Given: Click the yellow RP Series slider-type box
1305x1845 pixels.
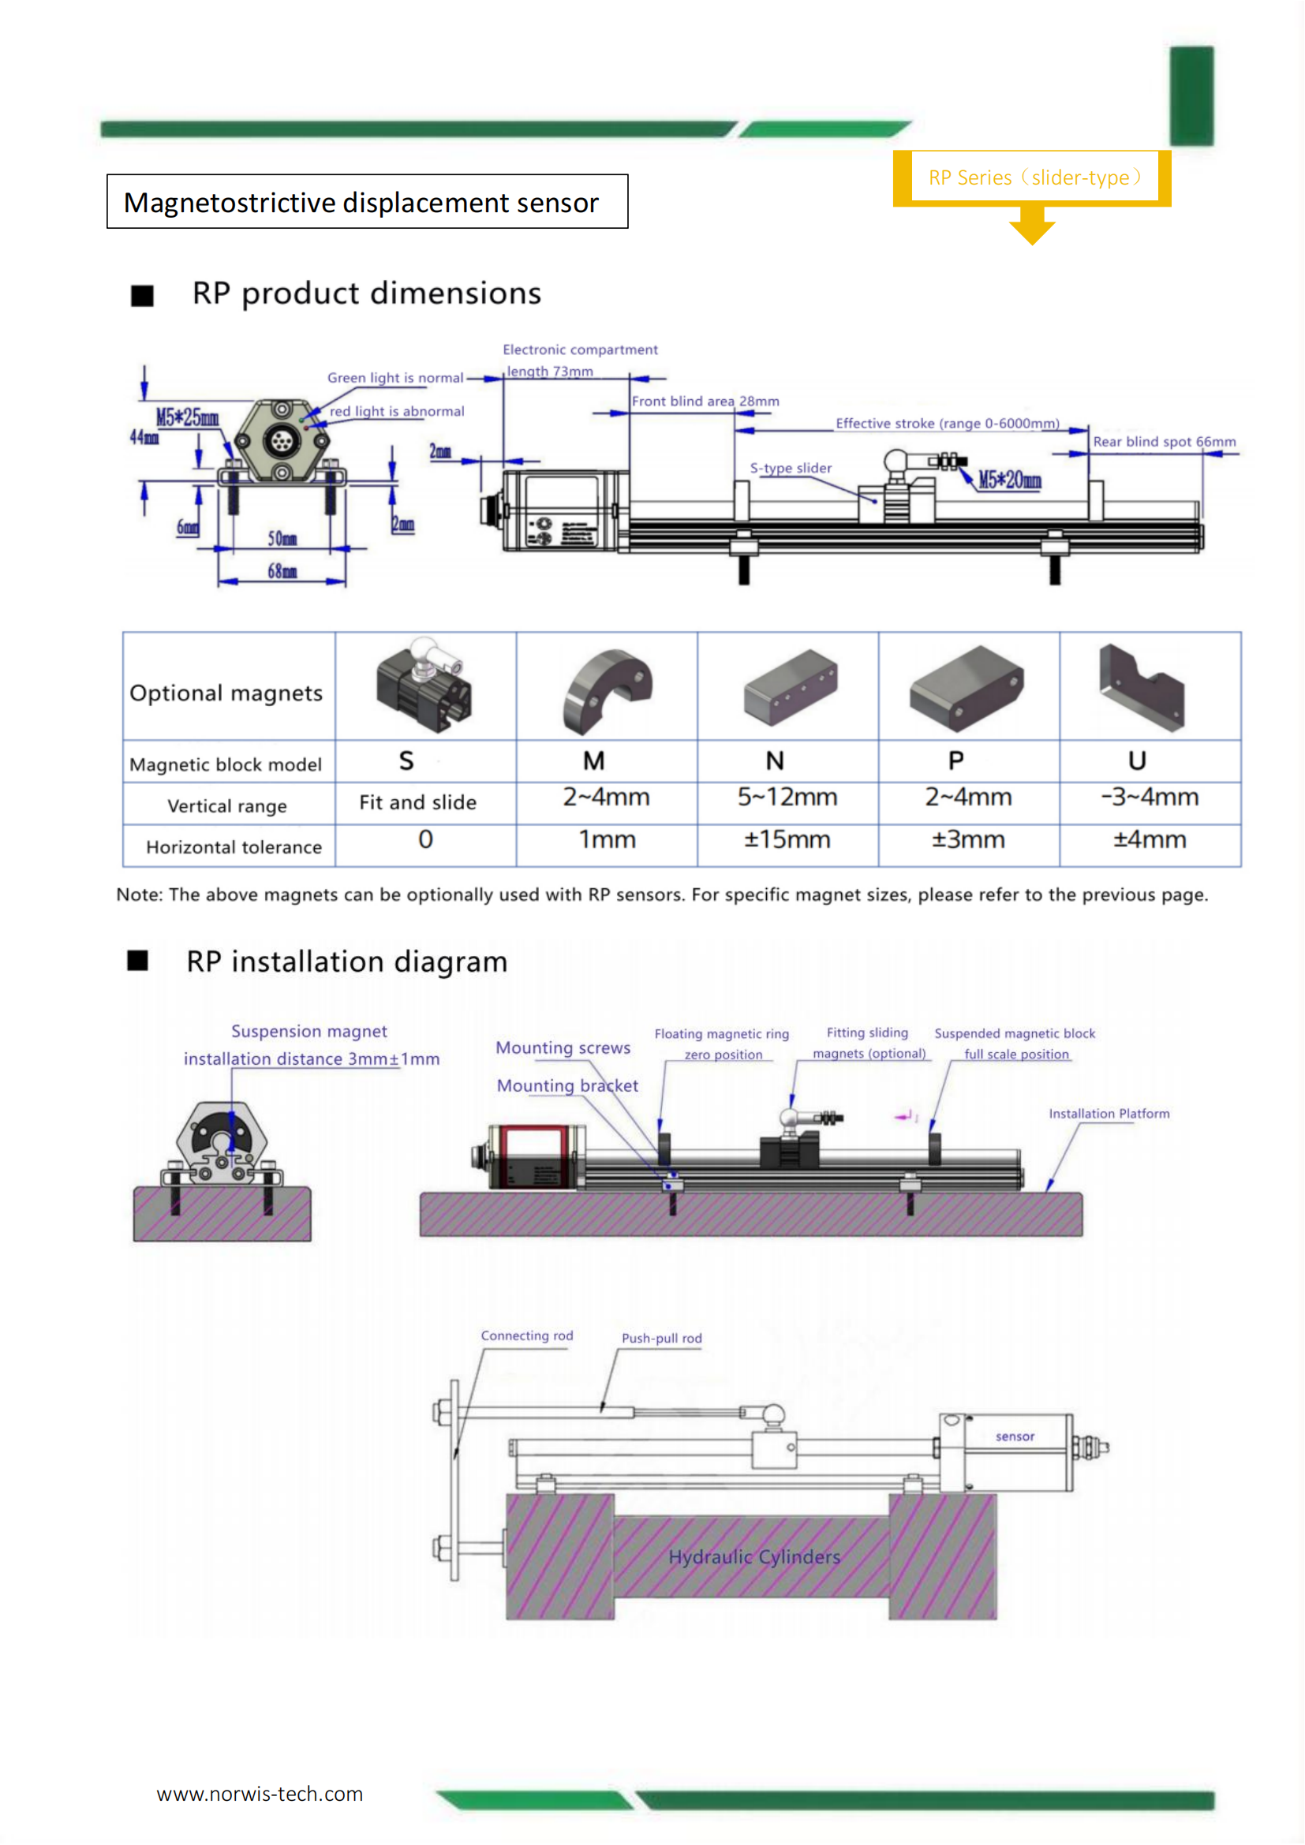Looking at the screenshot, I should coord(1034,177).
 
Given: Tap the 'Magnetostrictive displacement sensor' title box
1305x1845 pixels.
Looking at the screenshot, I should coord(366,202).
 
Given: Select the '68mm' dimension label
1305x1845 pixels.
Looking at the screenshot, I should coord(282,571).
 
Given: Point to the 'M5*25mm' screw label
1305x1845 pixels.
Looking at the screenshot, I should coord(186,417).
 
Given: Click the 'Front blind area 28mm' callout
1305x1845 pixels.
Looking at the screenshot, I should coord(705,401).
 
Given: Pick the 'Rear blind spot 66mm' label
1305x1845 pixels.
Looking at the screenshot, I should coord(1164,441).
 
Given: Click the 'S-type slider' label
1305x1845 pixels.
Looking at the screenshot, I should coord(790,468).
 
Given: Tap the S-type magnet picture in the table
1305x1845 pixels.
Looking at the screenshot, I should coord(425,685).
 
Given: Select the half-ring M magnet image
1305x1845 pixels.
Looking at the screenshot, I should coord(607,689).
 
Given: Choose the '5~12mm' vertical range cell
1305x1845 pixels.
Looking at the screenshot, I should coord(787,797).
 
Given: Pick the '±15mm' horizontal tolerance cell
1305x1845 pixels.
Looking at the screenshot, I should coord(787,840).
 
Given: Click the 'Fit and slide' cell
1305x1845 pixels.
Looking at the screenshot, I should coord(417,802).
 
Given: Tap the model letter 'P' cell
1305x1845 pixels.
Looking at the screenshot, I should coord(955,760).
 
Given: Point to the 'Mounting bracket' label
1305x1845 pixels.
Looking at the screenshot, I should coord(567,1085).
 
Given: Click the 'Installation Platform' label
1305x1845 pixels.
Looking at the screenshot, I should coord(1108,1114).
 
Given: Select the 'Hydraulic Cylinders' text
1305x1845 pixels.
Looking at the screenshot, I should coord(753,1557).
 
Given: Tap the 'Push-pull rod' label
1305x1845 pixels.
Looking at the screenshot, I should coord(661,1339).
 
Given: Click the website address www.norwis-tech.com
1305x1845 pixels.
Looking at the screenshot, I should coord(260,1795).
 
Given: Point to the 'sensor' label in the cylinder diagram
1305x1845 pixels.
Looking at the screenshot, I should coord(1014,1436).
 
